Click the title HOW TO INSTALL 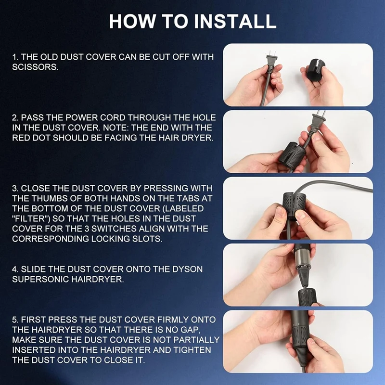pyautogui.click(x=192, y=21)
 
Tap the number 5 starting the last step pyautogui.click(x=14, y=320)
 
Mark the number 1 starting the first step pyautogui.click(x=14, y=57)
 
